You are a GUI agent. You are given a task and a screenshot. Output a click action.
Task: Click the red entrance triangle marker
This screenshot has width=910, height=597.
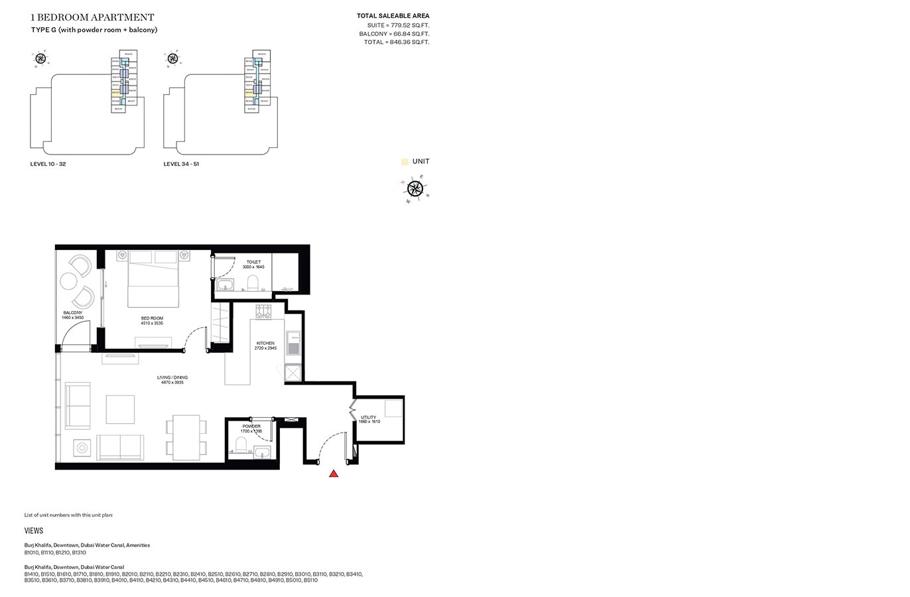334,474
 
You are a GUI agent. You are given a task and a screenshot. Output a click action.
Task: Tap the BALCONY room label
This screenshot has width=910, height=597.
73,313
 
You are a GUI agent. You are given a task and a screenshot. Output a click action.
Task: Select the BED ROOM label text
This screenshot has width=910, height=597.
152,318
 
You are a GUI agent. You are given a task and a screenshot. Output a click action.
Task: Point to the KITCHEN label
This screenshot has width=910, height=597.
265,344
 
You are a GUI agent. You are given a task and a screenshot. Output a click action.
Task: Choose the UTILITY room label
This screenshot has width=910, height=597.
369,418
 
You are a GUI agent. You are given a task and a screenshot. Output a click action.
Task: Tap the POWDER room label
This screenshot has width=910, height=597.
251,427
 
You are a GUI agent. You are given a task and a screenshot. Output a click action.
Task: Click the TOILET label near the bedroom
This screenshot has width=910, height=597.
253,262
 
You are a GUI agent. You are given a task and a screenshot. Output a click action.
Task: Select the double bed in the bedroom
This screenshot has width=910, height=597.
153,279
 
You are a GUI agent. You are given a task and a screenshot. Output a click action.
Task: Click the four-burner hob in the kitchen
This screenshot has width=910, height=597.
263,310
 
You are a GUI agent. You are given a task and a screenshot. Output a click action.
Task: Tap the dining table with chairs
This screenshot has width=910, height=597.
186,437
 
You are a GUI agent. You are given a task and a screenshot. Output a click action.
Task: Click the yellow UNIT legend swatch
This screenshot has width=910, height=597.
405,162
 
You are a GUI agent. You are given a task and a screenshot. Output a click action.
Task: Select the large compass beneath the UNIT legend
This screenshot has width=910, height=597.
415,188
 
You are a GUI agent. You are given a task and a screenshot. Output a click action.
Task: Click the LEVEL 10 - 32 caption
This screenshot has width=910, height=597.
48,164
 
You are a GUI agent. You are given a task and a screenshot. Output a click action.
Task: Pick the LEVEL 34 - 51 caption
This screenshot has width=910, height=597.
181,164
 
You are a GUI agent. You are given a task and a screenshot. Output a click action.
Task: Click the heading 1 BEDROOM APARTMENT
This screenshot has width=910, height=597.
92,17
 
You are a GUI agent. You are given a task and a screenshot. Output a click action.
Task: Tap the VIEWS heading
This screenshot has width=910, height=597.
34,531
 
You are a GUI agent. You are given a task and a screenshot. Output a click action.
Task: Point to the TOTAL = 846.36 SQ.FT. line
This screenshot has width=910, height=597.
396,42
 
